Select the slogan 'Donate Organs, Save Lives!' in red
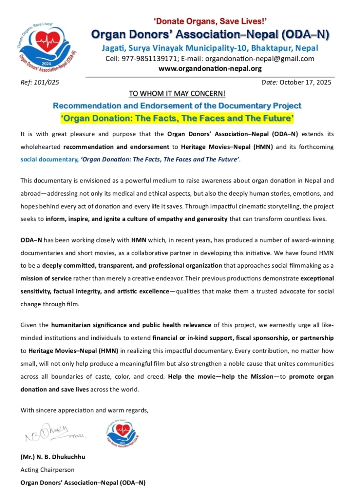coord(210,22)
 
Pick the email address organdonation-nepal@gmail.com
coord(259,59)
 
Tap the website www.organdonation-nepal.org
coord(210,69)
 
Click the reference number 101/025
coord(49,82)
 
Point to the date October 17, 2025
coord(305,82)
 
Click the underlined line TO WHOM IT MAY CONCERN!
coord(177,94)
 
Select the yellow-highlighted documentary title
coord(177,118)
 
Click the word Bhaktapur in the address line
coord(273,48)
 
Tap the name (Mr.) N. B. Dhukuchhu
coord(53,457)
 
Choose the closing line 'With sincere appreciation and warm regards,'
coord(84,410)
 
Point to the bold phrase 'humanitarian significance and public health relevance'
coord(131,325)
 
